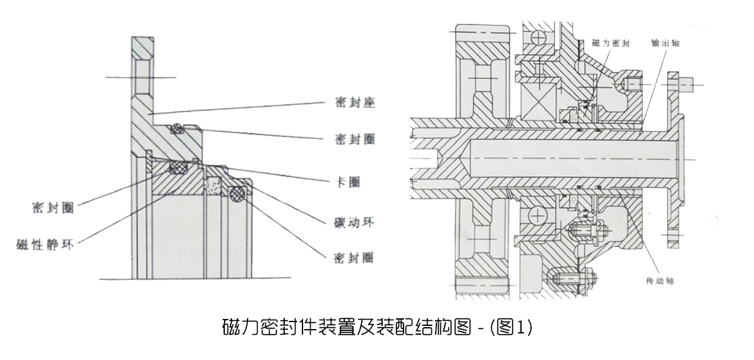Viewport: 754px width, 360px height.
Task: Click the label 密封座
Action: tap(355, 102)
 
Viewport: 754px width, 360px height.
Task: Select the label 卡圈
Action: tap(346, 181)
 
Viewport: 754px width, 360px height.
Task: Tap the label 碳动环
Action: tap(354, 222)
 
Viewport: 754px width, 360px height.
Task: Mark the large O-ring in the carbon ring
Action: tap(237, 194)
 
